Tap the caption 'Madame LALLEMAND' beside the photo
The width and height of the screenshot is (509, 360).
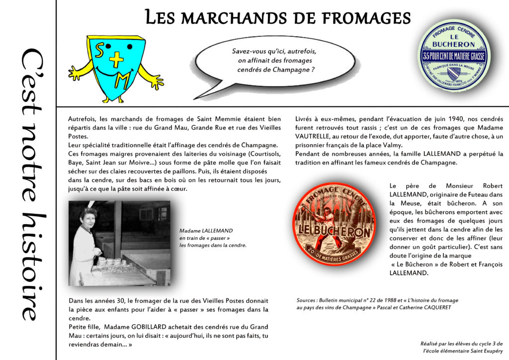point(206,231)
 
